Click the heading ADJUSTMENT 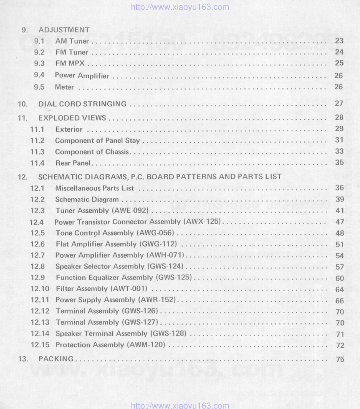coord(64,30)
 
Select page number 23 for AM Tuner coord(339,41)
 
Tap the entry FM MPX coord(70,64)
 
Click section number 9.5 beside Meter coord(39,87)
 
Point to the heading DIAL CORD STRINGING coord(82,104)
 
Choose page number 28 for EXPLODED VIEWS coord(339,118)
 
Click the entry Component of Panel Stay coord(97,141)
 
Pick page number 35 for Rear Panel coord(339,163)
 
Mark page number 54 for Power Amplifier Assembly coord(339,256)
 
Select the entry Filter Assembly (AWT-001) coord(101,289)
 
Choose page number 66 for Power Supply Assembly coord(339,301)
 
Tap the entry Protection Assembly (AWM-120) coord(110,345)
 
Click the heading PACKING coord(56,359)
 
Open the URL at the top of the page coord(180,7)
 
